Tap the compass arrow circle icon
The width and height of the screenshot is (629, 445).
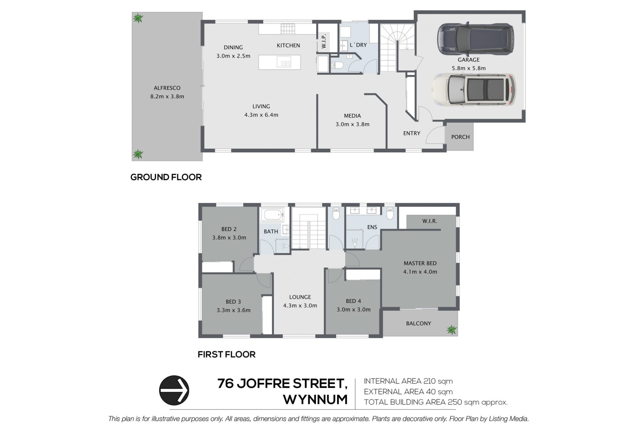coord(174,390)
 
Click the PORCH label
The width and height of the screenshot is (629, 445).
coord(460,137)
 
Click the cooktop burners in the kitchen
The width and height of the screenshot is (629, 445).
coord(288,29)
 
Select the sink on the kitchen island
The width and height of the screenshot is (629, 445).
coord(284,62)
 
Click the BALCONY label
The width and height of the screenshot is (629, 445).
coord(418,323)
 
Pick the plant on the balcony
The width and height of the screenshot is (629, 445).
coord(451,330)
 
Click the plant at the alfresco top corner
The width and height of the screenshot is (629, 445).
coord(138,18)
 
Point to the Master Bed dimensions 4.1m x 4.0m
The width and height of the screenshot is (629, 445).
coord(420,272)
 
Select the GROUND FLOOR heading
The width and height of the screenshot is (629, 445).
coord(166,177)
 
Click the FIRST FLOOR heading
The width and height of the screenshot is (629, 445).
coord(226,355)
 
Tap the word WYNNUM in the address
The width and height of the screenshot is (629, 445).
coord(315,400)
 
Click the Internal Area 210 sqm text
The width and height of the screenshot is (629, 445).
coord(408,381)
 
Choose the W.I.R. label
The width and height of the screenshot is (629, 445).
coord(429,221)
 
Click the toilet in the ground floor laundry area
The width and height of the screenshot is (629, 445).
coord(337,65)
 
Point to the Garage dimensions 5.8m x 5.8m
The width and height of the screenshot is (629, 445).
coord(468,68)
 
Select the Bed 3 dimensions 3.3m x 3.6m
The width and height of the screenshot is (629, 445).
coord(233,310)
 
